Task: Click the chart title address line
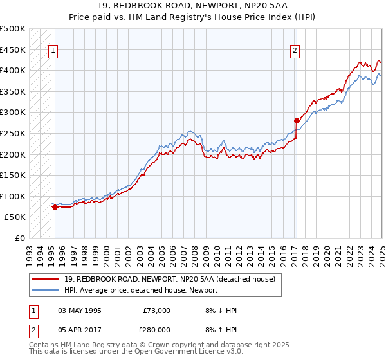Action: click(x=193, y=6)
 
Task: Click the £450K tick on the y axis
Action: click(x=13, y=50)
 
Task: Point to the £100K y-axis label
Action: click(x=13, y=196)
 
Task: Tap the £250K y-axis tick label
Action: click(x=13, y=133)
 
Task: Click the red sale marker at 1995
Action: click(x=55, y=207)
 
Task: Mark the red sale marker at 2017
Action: click(x=297, y=120)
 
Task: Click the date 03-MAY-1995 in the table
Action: click(x=80, y=310)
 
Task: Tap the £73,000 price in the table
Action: click(x=156, y=310)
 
